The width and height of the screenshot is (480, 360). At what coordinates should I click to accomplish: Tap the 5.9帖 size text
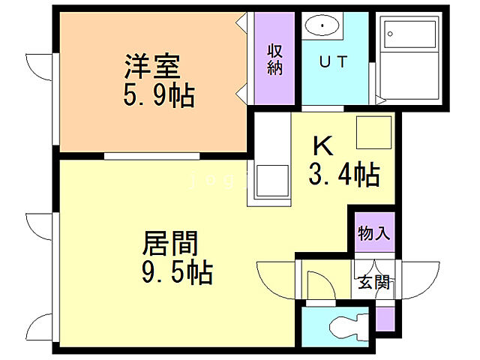(x=158, y=95)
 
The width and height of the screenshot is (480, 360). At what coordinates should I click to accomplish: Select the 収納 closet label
(x=274, y=59)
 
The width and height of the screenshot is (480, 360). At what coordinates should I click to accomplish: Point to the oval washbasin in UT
(x=322, y=27)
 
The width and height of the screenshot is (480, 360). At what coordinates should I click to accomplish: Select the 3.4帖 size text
(x=343, y=175)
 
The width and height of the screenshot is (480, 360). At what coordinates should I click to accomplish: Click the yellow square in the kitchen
(x=373, y=133)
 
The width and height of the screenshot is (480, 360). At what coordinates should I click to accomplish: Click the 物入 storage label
(x=373, y=233)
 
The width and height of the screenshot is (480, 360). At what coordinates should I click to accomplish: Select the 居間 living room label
(x=172, y=244)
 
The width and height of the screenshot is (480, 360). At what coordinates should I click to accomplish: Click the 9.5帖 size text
(x=177, y=271)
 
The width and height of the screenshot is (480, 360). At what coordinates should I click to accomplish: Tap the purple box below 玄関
(x=385, y=319)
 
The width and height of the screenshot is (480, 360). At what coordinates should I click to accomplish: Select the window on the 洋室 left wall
(x=52, y=97)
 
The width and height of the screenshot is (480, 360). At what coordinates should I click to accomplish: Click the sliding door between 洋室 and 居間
(x=151, y=156)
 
